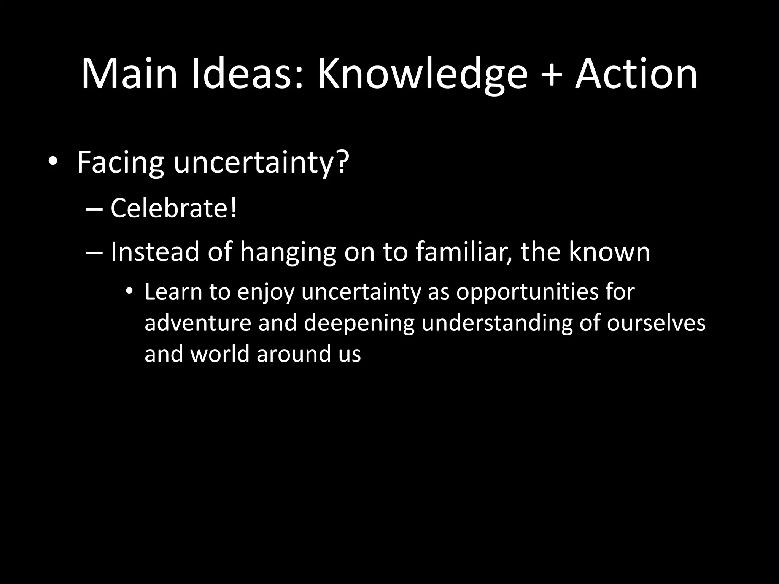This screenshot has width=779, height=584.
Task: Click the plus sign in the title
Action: pos(551,75)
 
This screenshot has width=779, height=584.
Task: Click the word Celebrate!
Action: pos(173,208)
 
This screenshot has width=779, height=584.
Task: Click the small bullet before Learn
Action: pos(130,292)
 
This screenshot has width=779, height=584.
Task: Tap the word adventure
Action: pos(198,323)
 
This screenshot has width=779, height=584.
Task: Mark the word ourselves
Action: pos(656,323)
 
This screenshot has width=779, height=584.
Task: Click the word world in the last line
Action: pos(219,354)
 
